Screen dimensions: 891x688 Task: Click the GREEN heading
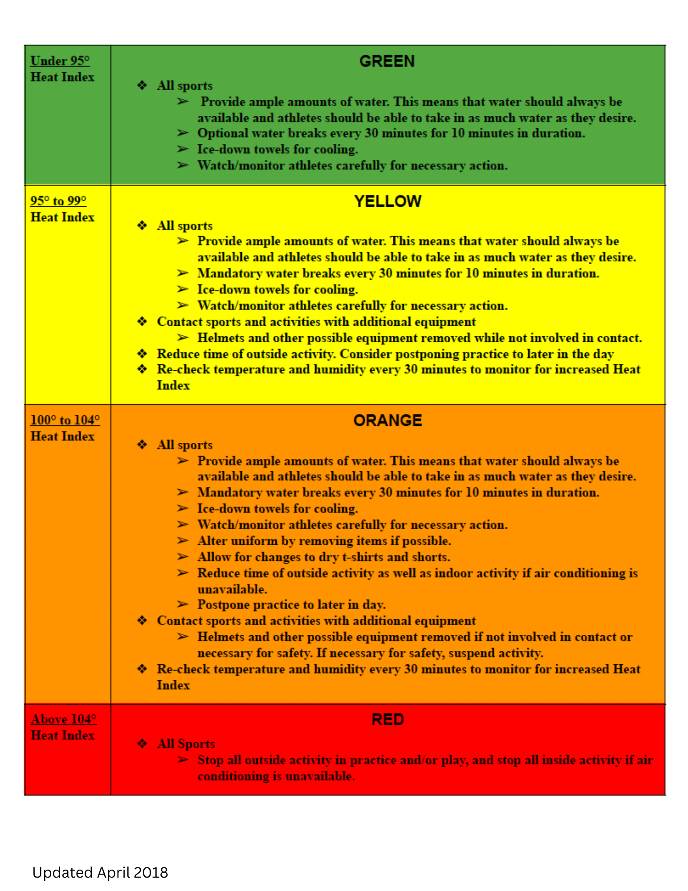(x=387, y=61)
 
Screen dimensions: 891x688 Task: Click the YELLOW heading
(x=387, y=201)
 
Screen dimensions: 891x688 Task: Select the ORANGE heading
(x=387, y=421)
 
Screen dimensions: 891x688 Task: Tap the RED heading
(x=387, y=719)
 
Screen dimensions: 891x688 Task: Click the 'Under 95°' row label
(x=60, y=61)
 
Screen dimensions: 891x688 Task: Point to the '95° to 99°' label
(x=58, y=201)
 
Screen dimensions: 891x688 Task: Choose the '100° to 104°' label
(x=65, y=420)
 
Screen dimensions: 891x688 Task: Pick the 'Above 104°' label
(x=64, y=719)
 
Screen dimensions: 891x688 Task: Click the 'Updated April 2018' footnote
(x=100, y=872)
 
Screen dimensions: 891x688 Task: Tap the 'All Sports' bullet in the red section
(x=186, y=744)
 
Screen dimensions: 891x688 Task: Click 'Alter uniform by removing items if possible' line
(x=324, y=541)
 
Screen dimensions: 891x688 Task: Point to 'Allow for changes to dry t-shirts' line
(x=324, y=557)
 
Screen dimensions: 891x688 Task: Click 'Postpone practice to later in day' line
(x=291, y=605)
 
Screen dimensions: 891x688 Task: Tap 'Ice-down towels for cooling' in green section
(x=277, y=149)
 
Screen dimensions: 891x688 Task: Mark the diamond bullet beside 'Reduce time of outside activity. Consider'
(x=142, y=354)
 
